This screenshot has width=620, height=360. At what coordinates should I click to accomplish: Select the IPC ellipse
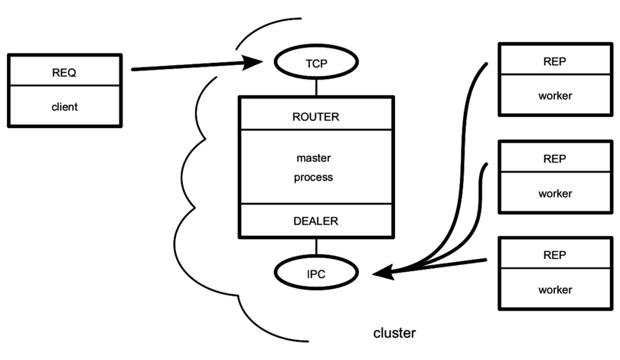315,271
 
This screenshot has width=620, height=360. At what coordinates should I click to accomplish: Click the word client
64,106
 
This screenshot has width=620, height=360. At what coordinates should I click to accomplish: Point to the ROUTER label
315,117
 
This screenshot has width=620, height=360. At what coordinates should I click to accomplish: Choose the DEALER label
315,221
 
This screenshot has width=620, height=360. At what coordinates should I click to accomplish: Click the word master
315,159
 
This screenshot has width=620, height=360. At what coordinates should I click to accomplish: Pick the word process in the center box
315,177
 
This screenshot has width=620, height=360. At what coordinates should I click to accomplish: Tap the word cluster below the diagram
394,333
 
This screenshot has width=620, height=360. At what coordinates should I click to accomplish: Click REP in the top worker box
554,62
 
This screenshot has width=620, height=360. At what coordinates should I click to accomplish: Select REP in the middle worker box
554,159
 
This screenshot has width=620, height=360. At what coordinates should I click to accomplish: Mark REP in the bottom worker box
554,255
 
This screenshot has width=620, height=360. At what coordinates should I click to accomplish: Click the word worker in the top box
554,96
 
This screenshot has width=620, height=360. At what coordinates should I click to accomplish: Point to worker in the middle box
554,193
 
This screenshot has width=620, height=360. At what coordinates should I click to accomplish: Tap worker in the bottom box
554,290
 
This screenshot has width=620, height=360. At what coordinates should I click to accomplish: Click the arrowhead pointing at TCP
255,63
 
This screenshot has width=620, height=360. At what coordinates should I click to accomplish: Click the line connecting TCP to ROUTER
315,87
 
